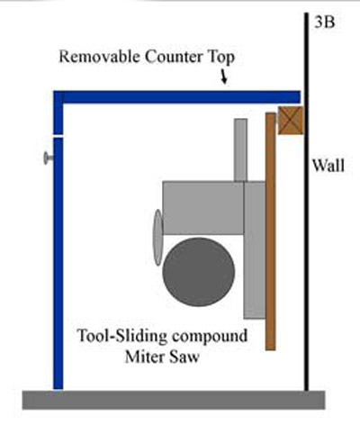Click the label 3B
(325, 23)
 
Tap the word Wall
(328, 166)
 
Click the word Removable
(100, 57)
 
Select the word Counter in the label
(173, 57)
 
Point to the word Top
(220, 58)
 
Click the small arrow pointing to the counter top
(224, 77)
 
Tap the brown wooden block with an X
(291, 121)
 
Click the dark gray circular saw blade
(199, 272)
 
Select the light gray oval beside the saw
(157, 238)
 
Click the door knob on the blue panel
(49, 158)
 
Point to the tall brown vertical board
(270, 231)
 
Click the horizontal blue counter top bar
(177, 97)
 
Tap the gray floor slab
(174, 400)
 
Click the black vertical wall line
(306, 202)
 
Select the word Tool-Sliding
(121, 336)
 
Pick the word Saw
(185, 357)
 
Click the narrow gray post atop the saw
(240, 150)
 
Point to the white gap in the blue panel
(58, 136)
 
